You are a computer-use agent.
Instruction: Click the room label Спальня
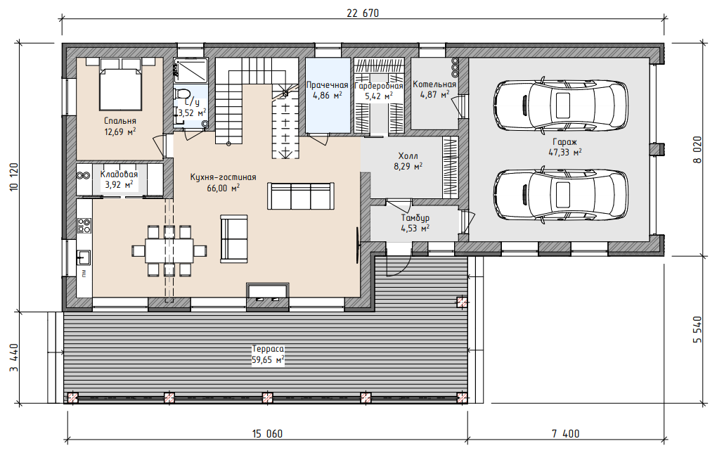click(x=119, y=121)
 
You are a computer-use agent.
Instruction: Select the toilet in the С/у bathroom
click(x=183, y=94)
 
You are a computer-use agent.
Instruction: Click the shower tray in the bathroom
click(x=190, y=70)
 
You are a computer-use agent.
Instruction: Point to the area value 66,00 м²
click(x=223, y=188)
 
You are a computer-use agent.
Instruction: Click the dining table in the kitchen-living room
click(x=169, y=250)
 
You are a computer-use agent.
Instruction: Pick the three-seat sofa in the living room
click(x=300, y=196)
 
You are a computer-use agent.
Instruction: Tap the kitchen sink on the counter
click(x=84, y=257)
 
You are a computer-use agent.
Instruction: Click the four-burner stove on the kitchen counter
click(x=84, y=226)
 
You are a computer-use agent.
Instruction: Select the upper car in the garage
click(x=561, y=105)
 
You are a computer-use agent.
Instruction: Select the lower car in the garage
click(x=561, y=194)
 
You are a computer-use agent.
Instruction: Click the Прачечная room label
click(x=327, y=85)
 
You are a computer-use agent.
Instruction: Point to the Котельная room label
click(x=434, y=84)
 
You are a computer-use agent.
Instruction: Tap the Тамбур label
click(x=415, y=218)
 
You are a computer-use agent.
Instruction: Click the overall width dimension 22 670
click(x=363, y=13)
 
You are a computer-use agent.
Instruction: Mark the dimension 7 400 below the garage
click(x=566, y=433)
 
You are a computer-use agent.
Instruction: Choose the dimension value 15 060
click(x=267, y=433)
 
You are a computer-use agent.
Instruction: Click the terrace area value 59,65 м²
click(x=268, y=360)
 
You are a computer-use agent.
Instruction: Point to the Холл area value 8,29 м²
click(x=408, y=167)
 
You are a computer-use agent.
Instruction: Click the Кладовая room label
click(x=119, y=174)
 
